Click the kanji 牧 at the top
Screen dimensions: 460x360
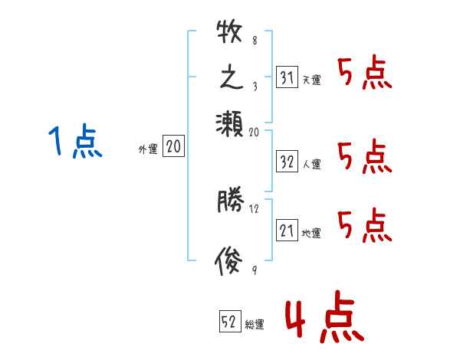229,34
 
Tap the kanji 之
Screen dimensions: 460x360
229,79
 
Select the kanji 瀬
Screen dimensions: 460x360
229,123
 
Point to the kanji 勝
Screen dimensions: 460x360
229,202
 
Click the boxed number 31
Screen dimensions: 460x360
286,77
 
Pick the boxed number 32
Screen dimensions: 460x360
286,162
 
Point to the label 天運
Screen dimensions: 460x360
311,80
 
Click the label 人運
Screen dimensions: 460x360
311,164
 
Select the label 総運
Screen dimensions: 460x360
255,325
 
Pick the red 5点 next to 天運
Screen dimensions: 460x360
364,74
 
